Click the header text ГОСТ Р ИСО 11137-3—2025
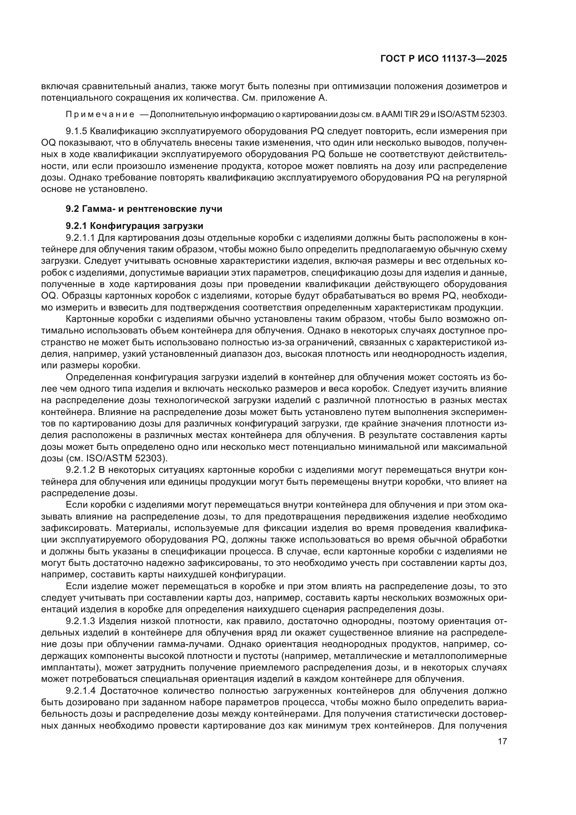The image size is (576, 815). pos(443,59)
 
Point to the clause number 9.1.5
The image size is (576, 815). pos(76,131)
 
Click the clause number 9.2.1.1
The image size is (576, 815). pos(80,237)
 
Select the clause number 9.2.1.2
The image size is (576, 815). pos(80,470)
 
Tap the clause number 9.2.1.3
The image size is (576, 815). pos(80,622)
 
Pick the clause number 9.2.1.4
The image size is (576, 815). pos(80,691)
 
